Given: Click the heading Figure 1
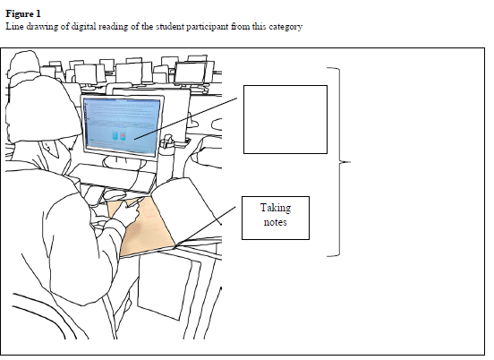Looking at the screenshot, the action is pyautogui.click(x=23, y=13).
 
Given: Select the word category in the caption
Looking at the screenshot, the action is pyautogui.click(x=285, y=27).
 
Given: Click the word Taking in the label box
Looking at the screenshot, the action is pyautogui.click(x=276, y=209).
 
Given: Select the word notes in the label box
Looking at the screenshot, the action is pyautogui.click(x=275, y=222).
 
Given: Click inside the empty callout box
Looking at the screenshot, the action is pyautogui.click(x=285, y=119).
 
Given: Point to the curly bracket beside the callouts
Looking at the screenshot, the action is pyautogui.click(x=339, y=162).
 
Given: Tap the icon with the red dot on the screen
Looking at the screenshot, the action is pyautogui.click(x=123, y=135).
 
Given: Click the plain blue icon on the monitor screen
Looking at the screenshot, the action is pyautogui.click(x=115, y=136).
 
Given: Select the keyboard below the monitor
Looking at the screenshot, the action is pyautogui.click(x=114, y=177).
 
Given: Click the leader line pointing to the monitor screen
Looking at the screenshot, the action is pyautogui.click(x=186, y=118).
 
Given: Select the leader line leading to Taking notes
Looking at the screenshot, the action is pyautogui.click(x=206, y=226).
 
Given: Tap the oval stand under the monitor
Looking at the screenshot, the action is pyautogui.click(x=124, y=163).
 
